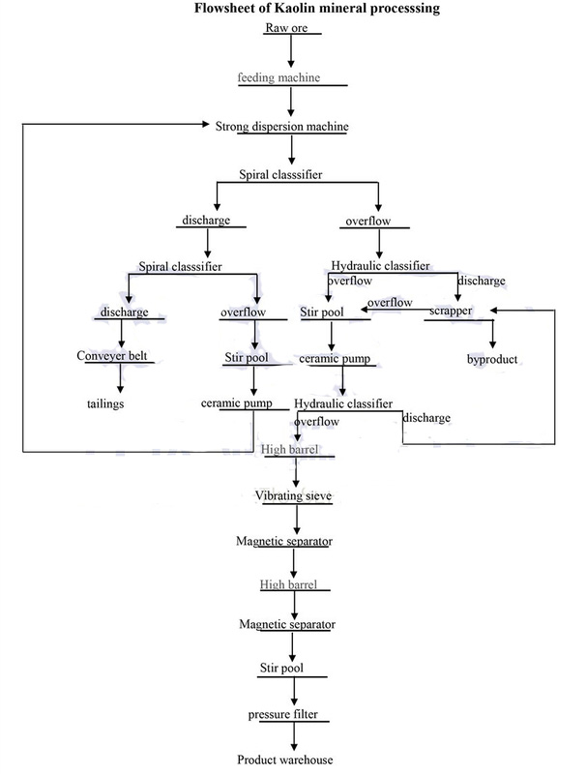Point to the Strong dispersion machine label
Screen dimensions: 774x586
coord(280,126)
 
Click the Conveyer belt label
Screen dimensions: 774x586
coord(115,356)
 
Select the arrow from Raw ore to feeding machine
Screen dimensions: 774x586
coord(292,52)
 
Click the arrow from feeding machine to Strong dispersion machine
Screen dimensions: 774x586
coord(292,102)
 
